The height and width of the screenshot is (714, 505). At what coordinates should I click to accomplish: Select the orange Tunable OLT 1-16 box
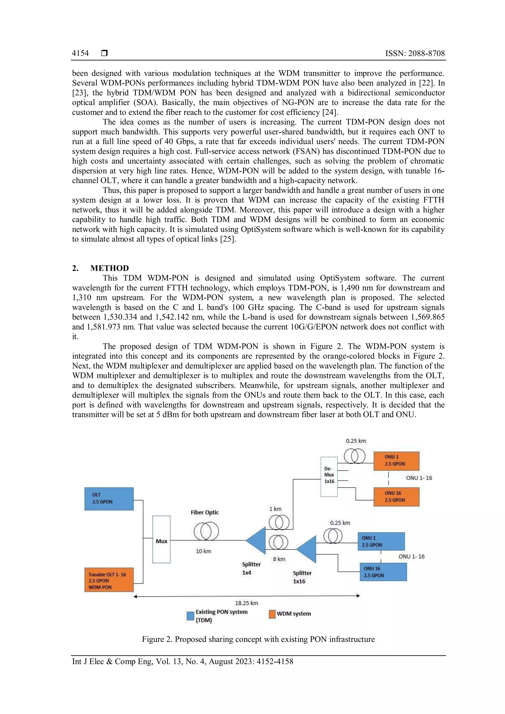(x=109, y=580)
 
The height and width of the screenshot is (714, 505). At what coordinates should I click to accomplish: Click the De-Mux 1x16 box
(x=329, y=477)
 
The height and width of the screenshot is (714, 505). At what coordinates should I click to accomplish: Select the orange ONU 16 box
(x=396, y=497)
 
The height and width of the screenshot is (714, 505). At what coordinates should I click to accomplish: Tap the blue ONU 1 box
(x=381, y=541)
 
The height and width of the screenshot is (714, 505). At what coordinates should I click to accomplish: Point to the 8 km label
(x=279, y=559)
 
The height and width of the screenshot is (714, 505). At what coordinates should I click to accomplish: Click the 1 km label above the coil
(x=275, y=509)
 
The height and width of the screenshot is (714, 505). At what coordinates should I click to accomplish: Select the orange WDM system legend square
(x=272, y=614)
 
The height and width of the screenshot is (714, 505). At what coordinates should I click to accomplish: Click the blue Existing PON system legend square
(x=190, y=616)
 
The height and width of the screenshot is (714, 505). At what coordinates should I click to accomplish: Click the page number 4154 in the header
(x=80, y=53)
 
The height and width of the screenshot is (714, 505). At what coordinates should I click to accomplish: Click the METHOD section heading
(x=109, y=268)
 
